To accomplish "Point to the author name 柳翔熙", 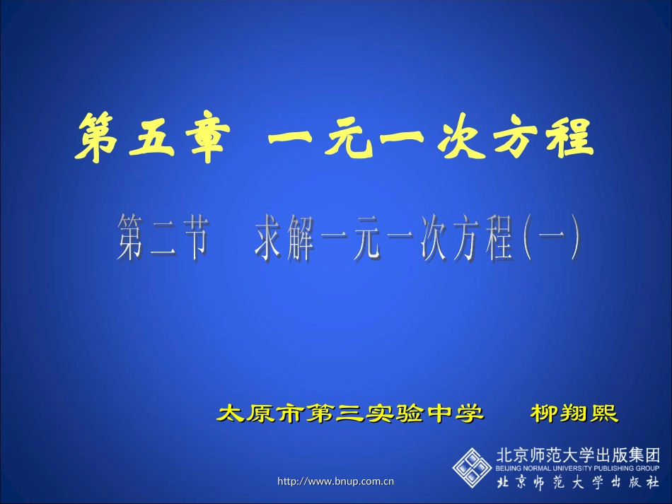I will pos(574,413).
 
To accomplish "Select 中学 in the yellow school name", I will pos(457,413).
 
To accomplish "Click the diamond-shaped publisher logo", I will pos(472,468).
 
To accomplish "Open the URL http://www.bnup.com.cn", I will pos(336,482).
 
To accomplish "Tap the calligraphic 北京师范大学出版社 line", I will pos(578,483).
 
